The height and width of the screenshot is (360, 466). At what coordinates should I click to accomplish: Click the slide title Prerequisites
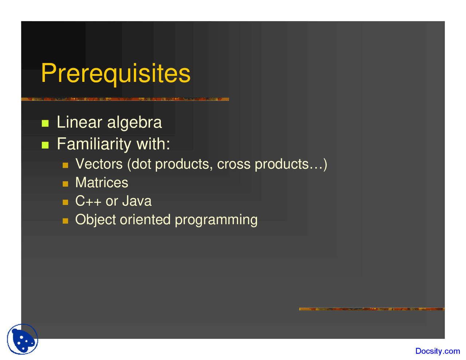(116, 74)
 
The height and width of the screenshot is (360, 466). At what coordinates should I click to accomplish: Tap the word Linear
(79, 122)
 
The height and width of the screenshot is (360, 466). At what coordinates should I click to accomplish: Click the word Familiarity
(94, 144)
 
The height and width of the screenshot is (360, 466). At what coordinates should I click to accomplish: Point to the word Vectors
(99, 164)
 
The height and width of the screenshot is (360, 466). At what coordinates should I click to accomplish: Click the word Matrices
(102, 183)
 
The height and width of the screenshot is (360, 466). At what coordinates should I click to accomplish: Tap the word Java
(137, 201)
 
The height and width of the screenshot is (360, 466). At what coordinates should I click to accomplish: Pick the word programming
(216, 220)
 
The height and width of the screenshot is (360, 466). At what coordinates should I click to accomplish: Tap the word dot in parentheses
(141, 164)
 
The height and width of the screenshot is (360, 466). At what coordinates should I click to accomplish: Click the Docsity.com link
(438, 351)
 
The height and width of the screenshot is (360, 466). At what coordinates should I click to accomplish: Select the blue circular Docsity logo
(23, 339)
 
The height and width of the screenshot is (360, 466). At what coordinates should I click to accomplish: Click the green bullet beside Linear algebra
(45, 123)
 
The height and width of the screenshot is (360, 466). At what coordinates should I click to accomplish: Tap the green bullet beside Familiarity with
(45, 145)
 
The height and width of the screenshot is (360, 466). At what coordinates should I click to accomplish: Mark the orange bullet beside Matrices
(65, 183)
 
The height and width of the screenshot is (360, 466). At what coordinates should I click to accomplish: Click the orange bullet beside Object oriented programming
(65, 221)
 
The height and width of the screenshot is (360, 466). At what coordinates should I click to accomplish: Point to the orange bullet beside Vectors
(65, 165)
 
